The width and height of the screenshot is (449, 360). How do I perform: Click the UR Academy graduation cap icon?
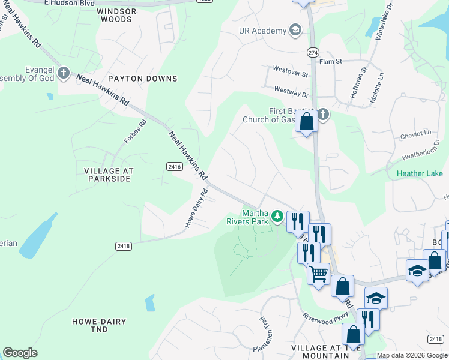(x=295, y=29)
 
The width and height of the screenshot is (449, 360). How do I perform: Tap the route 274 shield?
(x=312, y=52)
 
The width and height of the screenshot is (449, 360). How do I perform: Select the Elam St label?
(x=330, y=61)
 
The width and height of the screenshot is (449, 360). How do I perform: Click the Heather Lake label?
(x=418, y=175)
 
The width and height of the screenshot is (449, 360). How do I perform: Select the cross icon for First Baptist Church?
(x=323, y=114)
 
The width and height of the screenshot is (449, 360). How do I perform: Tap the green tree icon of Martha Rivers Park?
(x=277, y=215)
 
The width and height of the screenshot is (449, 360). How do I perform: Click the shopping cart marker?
(x=318, y=274)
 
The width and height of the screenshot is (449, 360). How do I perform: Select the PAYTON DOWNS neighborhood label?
(x=142, y=79)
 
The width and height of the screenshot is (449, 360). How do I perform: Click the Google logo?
(x=20, y=353)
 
